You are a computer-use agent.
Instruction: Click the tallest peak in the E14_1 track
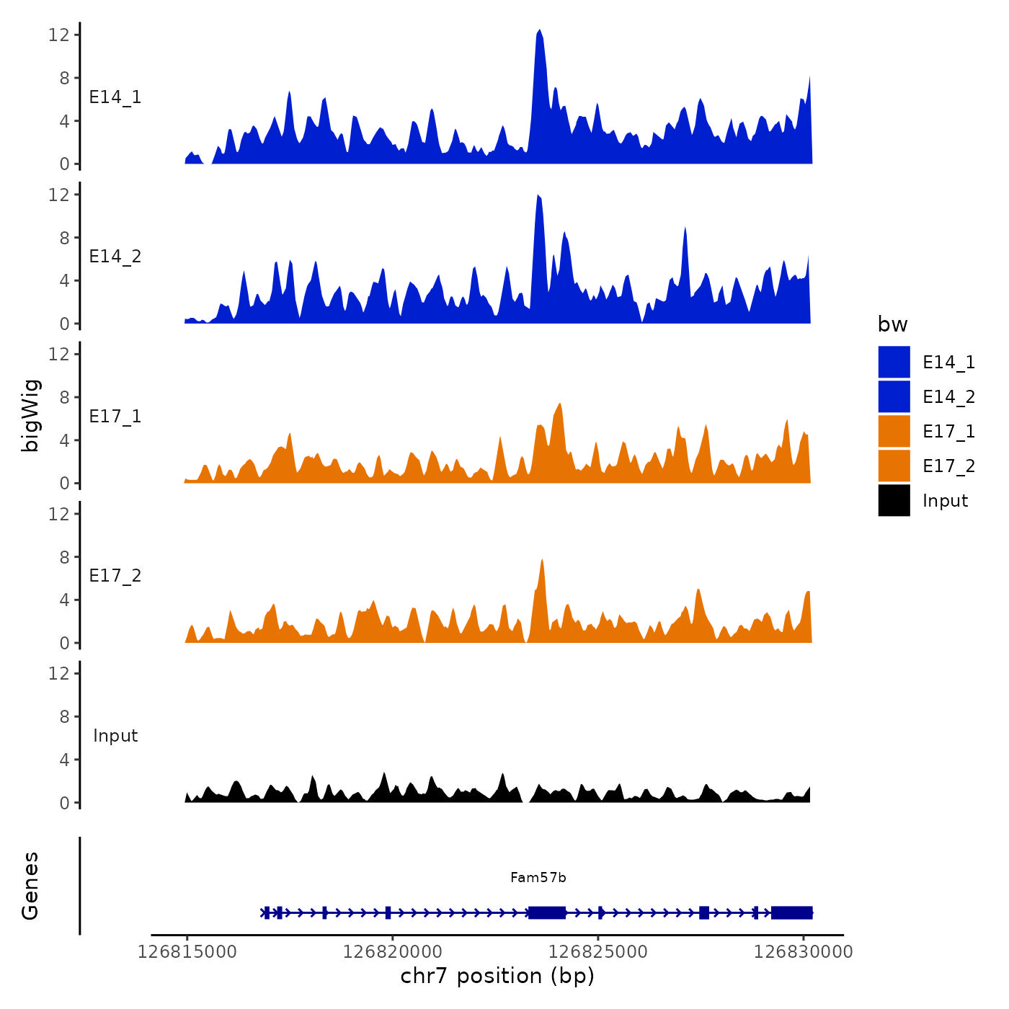pos(539,32)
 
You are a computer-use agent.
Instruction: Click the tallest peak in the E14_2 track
pos(538,196)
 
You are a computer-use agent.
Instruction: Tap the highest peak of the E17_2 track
pos(542,561)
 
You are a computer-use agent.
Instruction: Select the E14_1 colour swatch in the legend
pos(894,362)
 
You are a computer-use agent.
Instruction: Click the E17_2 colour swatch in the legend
pos(894,466)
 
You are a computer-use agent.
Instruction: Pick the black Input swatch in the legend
pos(894,500)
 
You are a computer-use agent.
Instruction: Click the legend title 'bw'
pos(892,324)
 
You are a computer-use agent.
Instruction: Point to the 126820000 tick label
pos(393,951)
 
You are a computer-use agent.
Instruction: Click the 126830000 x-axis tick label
pos(803,951)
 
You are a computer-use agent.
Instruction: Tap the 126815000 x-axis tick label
pos(187,951)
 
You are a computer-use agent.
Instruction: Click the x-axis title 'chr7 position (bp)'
pos(497,976)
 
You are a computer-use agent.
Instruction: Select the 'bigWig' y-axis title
pos(30,416)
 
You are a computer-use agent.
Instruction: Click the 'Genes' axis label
pos(30,886)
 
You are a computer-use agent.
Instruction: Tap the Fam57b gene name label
pos(538,877)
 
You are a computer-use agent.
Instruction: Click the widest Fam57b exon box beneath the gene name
pos(547,912)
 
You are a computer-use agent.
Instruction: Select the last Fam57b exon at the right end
pos(791,912)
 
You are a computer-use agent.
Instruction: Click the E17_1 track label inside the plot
pos(115,416)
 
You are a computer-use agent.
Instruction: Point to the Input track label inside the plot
pos(115,736)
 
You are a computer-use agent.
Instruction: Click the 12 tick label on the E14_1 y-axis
pos(59,35)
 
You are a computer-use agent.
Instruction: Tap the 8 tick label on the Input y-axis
pos(65,716)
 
